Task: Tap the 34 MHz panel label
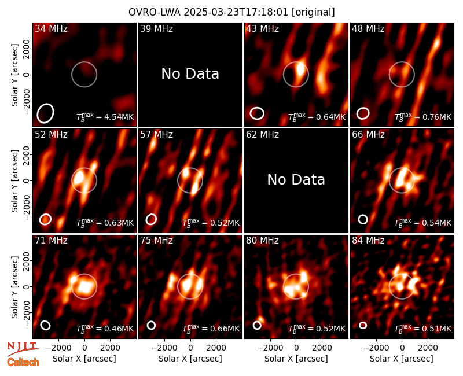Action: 51,28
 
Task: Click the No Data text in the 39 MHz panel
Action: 190,74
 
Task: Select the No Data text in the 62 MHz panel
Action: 296,180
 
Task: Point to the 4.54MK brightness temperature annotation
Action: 105,117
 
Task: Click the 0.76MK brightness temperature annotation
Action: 423,117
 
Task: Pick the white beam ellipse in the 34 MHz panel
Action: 45,113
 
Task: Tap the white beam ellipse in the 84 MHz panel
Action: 363,325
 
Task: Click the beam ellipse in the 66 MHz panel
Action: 363,219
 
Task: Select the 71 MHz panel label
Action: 51,241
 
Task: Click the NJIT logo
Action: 23,348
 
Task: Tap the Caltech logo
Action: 23,362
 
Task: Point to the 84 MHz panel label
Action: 368,241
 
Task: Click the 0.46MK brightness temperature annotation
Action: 105,329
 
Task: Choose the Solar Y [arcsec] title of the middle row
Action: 14,180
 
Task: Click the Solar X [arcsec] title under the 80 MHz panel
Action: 296,359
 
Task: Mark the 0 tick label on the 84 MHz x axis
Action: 402,348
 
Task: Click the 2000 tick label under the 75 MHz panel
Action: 216,348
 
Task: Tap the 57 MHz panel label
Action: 156,135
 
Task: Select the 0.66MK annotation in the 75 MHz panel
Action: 211,329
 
